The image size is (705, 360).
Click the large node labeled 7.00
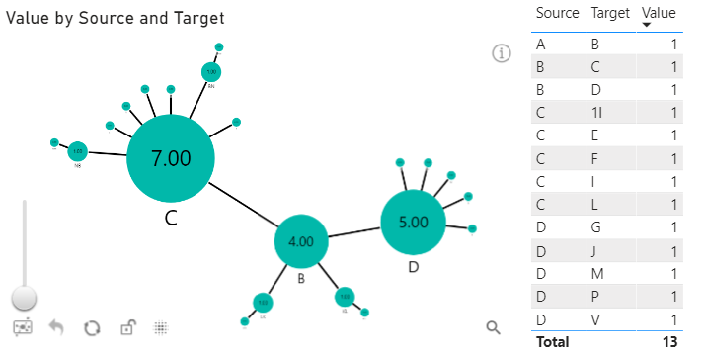tap(171, 156)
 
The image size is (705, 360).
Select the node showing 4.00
tap(301, 241)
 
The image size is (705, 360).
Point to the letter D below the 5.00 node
tap(414, 268)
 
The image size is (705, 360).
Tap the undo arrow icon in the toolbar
tap(57, 327)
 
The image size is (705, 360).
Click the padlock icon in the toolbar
tap(126, 327)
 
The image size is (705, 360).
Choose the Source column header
tap(557, 14)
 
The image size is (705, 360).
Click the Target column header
tap(609, 14)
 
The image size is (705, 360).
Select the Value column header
tap(659, 14)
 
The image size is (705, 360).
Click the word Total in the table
tap(553, 342)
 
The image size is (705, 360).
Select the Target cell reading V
tap(594, 318)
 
